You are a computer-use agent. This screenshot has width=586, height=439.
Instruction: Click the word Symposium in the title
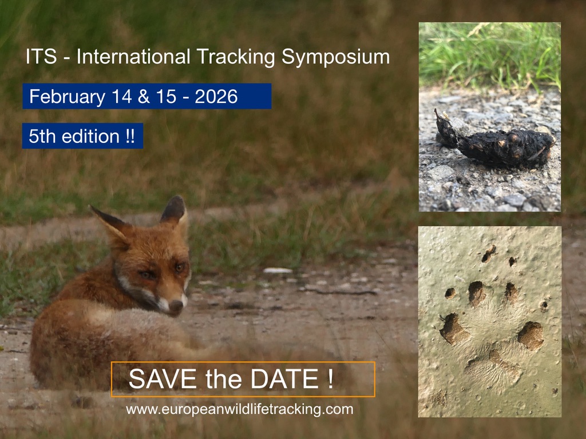point(335,58)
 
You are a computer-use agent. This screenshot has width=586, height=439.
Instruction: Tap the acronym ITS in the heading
point(41,57)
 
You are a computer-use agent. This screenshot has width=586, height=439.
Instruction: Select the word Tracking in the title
point(235,58)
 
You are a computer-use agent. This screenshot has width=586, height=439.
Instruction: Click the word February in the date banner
point(68,97)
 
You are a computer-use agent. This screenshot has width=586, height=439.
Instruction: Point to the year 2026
point(216,96)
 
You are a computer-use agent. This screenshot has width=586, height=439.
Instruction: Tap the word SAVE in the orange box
point(163,379)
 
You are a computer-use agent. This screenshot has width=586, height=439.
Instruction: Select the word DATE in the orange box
point(284,379)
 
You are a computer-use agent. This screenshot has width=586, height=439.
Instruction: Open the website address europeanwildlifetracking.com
point(240,409)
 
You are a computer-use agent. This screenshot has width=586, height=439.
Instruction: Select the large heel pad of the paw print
point(493,368)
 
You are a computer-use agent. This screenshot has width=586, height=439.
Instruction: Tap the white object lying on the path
point(278,270)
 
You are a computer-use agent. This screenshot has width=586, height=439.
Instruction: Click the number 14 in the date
point(121,96)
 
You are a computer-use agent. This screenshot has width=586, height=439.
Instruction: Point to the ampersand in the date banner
point(144,96)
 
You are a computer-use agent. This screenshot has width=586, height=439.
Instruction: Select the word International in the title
point(133,57)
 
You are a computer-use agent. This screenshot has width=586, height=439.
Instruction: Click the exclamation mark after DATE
point(330,379)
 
